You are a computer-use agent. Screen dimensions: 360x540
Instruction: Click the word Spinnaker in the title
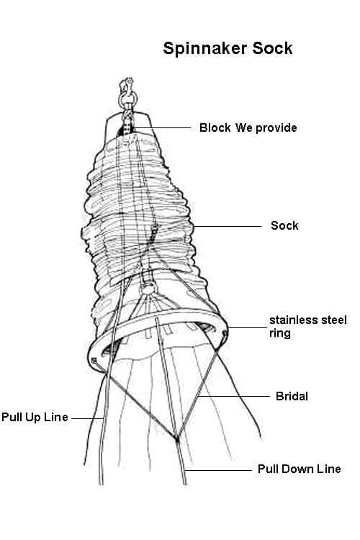coord(205,49)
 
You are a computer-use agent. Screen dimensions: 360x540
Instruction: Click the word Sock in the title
coord(272,48)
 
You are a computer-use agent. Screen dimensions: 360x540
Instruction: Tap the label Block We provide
coord(248,127)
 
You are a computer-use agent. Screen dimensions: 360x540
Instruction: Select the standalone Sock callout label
coord(284,225)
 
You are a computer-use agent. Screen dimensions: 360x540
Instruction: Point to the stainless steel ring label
coord(308,326)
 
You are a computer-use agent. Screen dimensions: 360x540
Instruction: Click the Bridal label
coord(292,396)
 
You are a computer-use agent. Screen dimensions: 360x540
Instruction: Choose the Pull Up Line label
coord(35,417)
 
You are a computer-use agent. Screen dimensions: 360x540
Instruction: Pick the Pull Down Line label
coord(300,469)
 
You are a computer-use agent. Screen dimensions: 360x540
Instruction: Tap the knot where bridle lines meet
coord(177,439)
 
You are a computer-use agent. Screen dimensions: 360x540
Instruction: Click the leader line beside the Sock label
coord(227,226)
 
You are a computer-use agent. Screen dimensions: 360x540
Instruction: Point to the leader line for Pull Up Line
coord(88,418)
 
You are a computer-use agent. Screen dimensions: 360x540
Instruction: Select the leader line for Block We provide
coord(162,127)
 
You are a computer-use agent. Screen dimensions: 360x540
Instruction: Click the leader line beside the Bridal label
coord(234,397)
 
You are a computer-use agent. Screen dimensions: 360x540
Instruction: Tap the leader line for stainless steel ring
coord(247,327)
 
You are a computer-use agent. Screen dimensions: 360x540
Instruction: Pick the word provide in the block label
coord(276,128)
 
